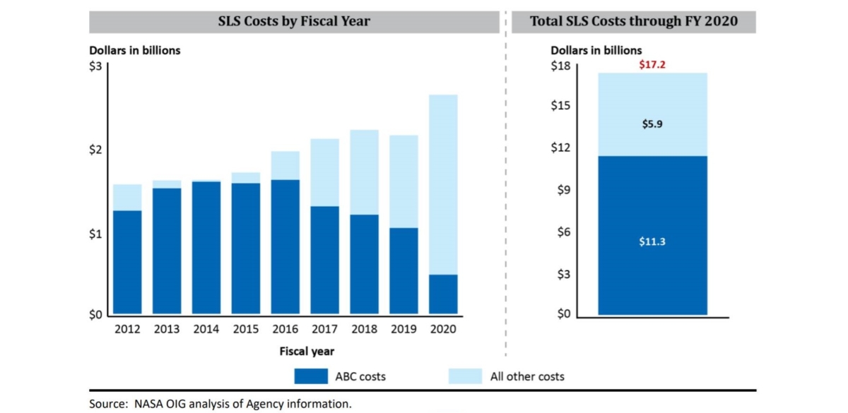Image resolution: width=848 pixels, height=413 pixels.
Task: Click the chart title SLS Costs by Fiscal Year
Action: pos(293,21)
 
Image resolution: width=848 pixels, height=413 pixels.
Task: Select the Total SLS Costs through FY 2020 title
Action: pos(633,21)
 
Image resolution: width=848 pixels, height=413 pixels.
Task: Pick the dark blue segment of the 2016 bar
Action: pos(285,247)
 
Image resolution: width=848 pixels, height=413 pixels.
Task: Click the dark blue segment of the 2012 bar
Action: pos(127,262)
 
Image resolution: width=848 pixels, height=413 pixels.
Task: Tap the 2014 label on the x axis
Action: pos(206,329)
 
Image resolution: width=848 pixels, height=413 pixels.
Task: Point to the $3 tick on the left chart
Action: pos(96,66)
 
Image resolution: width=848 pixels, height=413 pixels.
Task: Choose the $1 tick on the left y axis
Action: pos(96,234)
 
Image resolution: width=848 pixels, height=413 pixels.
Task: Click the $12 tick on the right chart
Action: pos(560,148)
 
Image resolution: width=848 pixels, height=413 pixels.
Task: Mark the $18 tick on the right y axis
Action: pos(560,65)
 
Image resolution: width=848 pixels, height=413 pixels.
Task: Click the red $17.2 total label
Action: pos(652,64)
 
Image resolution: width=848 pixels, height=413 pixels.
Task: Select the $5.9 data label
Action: pos(652,124)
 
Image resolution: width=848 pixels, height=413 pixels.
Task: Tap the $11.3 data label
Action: pos(652,241)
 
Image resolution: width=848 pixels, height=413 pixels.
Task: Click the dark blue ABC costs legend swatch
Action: pos(311,376)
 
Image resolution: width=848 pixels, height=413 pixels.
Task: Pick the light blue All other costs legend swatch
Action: pos(466,376)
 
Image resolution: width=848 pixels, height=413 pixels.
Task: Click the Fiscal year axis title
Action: pos(307,351)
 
